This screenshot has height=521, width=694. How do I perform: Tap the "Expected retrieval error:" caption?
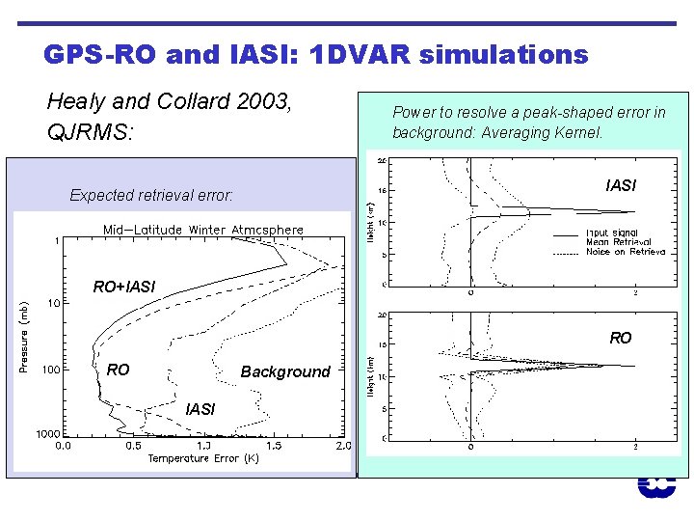click(x=151, y=195)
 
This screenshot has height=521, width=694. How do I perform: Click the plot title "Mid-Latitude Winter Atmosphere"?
click(x=203, y=230)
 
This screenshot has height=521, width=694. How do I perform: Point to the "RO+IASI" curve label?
click(x=124, y=287)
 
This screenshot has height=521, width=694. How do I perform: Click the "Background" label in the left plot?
click(x=285, y=371)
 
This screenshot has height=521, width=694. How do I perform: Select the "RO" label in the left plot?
click(x=119, y=369)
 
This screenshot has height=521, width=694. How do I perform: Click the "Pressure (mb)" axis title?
click(x=24, y=335)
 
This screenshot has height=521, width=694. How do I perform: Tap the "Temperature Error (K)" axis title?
click(x=202, y=458)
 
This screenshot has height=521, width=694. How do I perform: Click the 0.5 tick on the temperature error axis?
click(x=132, y=447)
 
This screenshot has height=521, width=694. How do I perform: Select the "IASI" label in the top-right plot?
click(x=621, y=185)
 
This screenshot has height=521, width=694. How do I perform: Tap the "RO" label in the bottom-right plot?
click(x=621, y=338)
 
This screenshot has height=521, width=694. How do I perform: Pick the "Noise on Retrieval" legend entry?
click(x=625, y=251)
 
